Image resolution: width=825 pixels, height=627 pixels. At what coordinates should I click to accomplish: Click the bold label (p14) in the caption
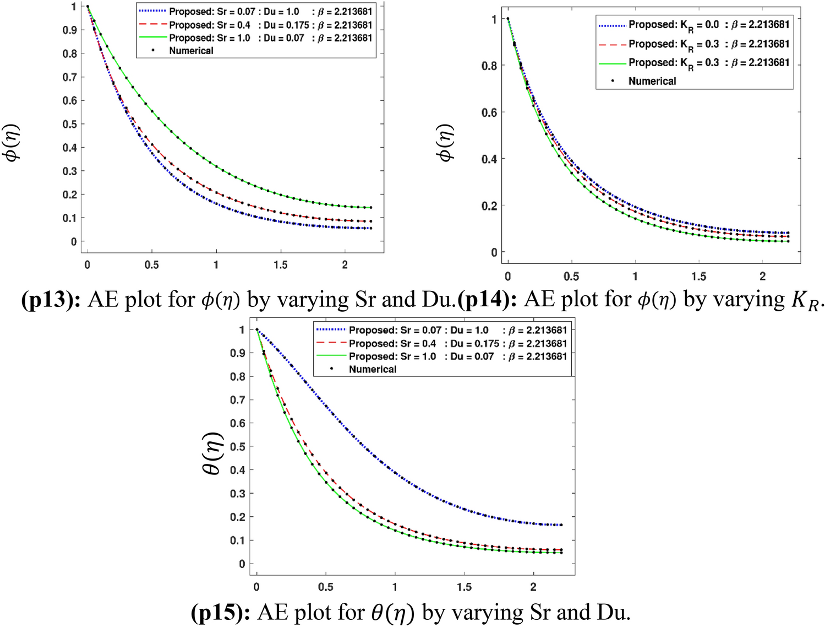(487, 300)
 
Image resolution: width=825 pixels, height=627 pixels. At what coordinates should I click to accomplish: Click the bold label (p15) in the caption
(221, 613)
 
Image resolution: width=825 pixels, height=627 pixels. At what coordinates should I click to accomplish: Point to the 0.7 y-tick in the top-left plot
(69, 77)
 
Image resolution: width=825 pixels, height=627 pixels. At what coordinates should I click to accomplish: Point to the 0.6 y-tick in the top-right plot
(489, 112)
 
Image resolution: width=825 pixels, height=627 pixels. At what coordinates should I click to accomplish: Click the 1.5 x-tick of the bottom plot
(464, 587)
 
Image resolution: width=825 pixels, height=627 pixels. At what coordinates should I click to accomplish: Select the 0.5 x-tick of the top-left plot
(152, 265)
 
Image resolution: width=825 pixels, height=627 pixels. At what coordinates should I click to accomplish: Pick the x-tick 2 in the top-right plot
(763, 276)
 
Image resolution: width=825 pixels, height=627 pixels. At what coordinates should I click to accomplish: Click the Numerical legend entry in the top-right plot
(652, 81)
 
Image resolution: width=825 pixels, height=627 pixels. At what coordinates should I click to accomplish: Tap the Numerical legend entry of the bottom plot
(372, 369)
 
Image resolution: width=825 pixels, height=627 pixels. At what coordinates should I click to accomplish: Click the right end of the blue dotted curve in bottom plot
(561, 525)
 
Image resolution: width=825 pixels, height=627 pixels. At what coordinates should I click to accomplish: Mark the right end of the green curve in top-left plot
(371, 208)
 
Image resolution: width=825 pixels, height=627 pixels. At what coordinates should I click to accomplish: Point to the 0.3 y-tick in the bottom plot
(238, 494)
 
